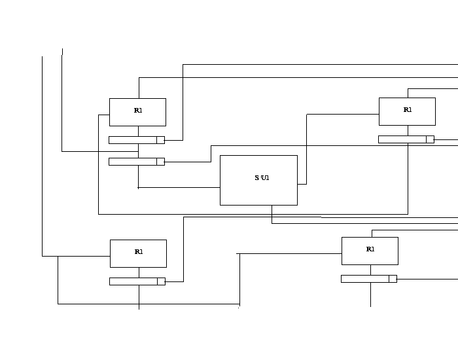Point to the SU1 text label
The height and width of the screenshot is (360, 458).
click(x=262, y=177)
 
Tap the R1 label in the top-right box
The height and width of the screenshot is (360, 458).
click(x=408, y=110)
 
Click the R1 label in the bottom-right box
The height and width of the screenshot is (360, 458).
click(x=370, y=249)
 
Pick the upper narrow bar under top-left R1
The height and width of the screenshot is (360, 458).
click(x=133, y=139)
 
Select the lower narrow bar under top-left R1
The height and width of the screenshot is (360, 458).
click(x=133, y=162)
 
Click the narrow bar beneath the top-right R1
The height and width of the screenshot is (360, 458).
click(x=402, y=139)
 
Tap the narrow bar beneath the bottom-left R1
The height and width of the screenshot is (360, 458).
click(x=133, y=281)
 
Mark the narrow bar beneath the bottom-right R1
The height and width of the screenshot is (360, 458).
click(x=365, y=279)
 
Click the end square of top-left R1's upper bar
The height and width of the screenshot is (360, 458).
click(x=160, y=139)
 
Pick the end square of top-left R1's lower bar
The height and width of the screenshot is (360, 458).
click(x=160, y=162)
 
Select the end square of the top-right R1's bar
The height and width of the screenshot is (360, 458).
click(x=430, y=139)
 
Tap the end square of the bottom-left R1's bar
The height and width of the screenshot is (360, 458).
click(x=161, y=281)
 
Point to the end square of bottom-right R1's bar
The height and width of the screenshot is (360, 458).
click(x=393, y=279)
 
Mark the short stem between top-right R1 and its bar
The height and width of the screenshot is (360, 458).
click(x=408, y=130)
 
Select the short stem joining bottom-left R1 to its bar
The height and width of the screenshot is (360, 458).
click(x=139, y=272)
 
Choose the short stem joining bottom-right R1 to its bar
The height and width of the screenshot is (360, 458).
click(x=370, y=270)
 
